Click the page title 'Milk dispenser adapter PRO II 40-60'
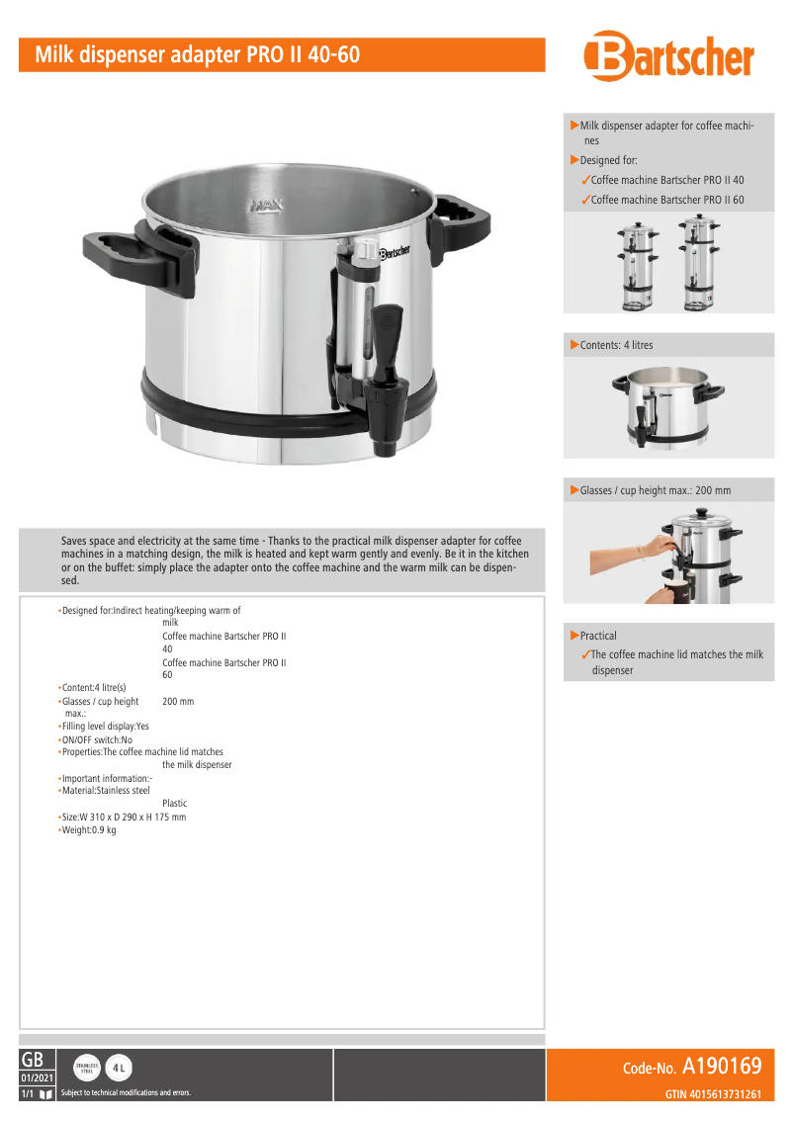click(198, 54)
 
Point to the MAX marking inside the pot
click(267, 207)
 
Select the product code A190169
click(722, 1067)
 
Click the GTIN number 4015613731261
click(712, 1094)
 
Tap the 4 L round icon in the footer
click(119, 1068)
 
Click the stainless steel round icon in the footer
click(87, 1068)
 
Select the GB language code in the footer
click(32, 1059)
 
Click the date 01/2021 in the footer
click(38, 1078)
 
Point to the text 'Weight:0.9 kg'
click(88, 830)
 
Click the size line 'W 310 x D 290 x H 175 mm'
click(124, 818)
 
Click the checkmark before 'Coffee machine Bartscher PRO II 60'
click(585, 201)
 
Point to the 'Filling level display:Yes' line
click(110, 727)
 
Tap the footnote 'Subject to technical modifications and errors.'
click(126, 1093)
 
